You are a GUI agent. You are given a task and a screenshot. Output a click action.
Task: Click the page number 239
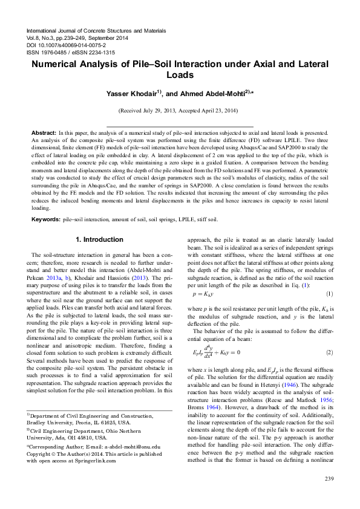[x=329, y=479]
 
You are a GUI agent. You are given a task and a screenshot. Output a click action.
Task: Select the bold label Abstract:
[x=44, y=132]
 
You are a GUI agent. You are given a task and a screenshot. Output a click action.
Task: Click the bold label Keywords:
[x=46, y=218]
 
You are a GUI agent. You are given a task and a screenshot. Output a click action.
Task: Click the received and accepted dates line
[x=179, y=111]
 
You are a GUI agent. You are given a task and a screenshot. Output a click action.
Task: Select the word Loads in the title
[x=179, y=76]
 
